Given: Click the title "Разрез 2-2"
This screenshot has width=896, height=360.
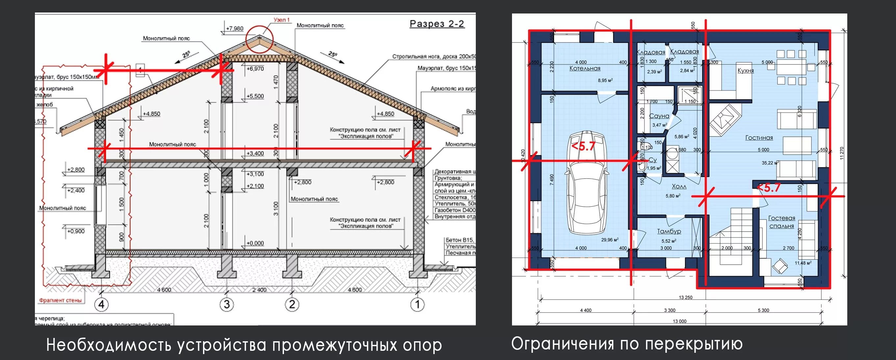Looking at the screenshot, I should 437,24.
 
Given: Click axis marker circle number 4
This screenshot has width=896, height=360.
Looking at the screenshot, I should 102,305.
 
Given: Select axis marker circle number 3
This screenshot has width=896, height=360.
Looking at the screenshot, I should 226,305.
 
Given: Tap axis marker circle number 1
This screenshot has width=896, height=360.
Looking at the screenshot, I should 417,305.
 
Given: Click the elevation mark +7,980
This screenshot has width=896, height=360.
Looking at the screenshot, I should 234,29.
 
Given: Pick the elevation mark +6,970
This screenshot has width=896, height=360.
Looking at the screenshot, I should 255,69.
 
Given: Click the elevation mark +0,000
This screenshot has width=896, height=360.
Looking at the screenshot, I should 255,243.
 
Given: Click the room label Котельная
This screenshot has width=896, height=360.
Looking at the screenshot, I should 585,68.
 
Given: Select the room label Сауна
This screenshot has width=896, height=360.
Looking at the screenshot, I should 659,116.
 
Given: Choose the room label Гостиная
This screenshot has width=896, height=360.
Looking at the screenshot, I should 759,138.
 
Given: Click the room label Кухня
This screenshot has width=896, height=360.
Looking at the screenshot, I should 745,71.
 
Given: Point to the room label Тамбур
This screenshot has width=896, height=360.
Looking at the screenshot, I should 669,231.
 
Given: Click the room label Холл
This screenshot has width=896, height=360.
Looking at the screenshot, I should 678,187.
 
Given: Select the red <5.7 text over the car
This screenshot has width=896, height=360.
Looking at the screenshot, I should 584,147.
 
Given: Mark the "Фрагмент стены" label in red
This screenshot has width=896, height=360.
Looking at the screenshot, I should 61,300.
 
